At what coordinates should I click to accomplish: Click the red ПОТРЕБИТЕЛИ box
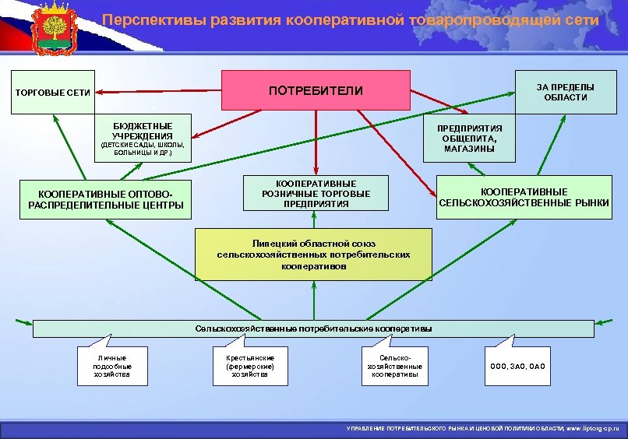click(x=316, y=90)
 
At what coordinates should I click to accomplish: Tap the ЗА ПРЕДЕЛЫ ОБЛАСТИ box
click(x=566, y=92)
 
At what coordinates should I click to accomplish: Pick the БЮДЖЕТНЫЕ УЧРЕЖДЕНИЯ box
click(x=143, y=139)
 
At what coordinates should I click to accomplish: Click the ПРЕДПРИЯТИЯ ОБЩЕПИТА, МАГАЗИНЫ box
click(x=469, y=138)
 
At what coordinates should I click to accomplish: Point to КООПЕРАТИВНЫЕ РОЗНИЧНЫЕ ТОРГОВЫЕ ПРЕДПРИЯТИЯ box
click(x=316, y=193)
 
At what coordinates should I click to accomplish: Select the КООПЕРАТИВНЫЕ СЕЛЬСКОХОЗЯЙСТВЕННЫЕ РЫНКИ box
click(x=524, y=197)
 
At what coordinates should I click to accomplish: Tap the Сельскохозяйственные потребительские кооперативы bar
click(x=312, y=328)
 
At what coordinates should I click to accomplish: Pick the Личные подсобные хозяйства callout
click(x=112, y=366)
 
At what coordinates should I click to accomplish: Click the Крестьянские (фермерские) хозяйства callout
click(x=249, y=366)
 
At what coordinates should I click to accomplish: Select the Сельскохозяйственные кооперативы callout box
click(x=393, y=367)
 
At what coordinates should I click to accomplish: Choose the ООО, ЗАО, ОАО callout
click(x=517, y=367)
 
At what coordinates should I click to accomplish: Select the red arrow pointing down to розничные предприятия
click(x=316, y=140)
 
